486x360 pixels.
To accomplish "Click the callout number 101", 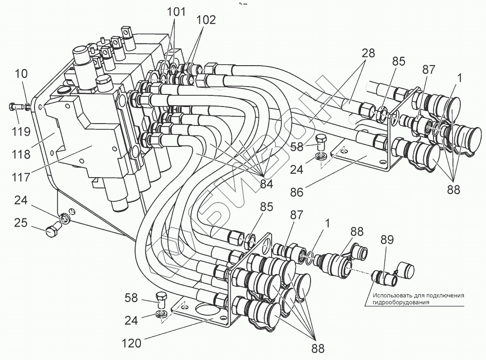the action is (x=176, y=12).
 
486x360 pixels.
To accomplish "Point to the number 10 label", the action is (x=21, y=73).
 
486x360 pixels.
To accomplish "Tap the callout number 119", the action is (x=21, y=131).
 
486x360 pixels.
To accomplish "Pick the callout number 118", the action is (x=21, y=154).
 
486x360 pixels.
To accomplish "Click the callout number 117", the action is (x=21, y=178).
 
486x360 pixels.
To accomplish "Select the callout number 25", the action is (x=21, y=223).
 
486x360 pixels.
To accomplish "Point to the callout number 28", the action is (x=368, y=53).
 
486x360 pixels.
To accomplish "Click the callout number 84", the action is (x=266, y=184).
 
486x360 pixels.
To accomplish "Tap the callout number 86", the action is (x=296, y=193).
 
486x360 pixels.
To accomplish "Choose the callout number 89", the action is (x=387, y=240).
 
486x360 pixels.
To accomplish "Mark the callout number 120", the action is (x=131, y=343).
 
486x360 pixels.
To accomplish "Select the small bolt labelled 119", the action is (x=16, y=107).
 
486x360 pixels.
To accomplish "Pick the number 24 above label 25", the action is (x=21, y=200).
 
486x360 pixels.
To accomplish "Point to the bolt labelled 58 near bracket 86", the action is (x=321, y=142).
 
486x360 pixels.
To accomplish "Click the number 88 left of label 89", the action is (x=357, y=232).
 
